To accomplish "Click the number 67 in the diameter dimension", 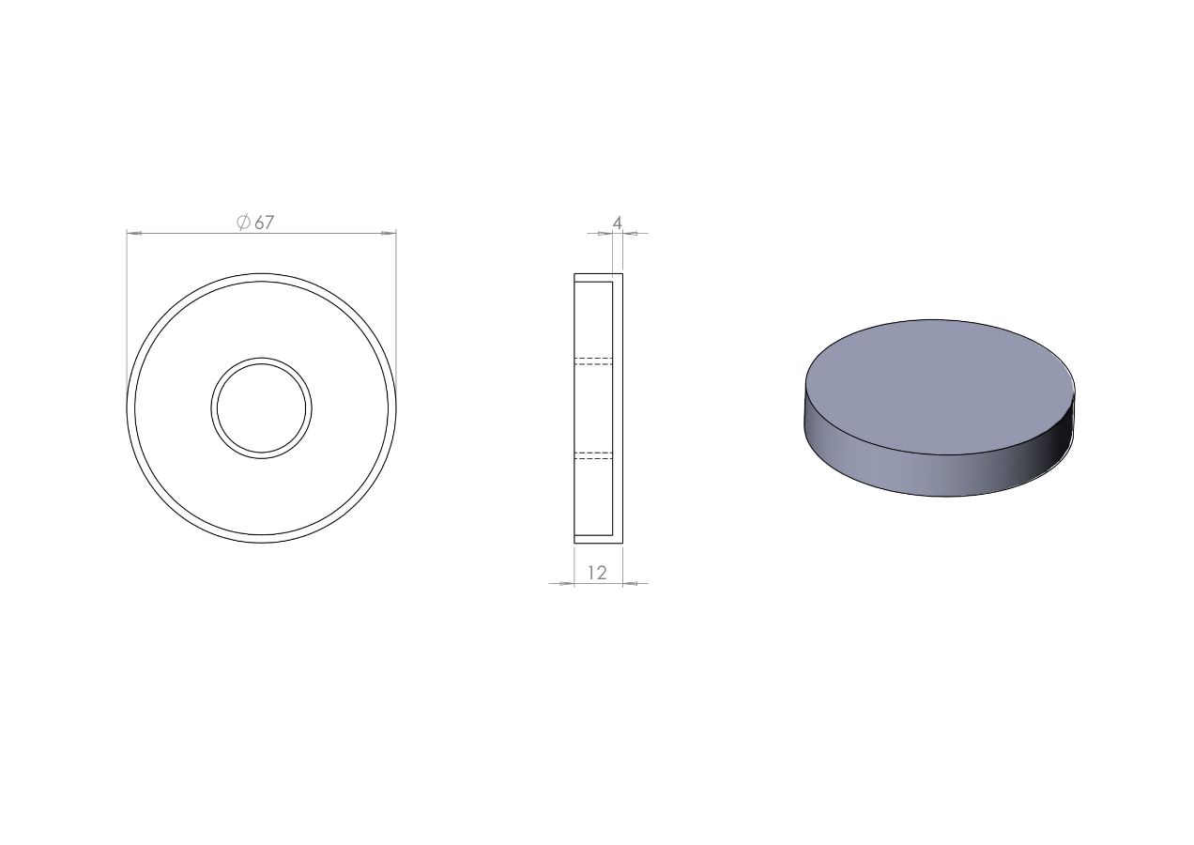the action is (265, 223).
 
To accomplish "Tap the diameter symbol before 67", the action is (243, 223).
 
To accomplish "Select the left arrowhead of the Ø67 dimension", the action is (134, 233).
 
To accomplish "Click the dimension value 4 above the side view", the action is (618, 223).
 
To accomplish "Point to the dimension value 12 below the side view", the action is (598, 573).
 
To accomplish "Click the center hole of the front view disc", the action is (261, 408).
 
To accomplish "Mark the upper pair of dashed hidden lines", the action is (593, 361).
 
